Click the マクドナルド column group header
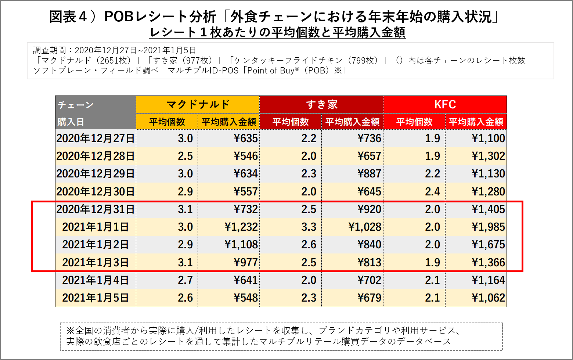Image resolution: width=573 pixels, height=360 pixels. click(x=198, y=105)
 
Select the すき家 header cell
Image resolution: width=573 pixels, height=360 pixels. click(x=321, y=105)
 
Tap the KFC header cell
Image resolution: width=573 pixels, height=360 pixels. click(x=445, y=105)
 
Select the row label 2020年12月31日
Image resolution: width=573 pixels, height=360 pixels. click(x=95, y=209)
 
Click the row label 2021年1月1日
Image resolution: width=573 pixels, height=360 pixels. click(x=95, y=227)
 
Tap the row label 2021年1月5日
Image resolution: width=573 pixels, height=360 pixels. click(x=95, y=298)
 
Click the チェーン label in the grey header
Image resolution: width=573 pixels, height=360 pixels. click(x=76, y=105)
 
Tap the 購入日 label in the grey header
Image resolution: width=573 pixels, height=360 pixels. click(x=71, y=122)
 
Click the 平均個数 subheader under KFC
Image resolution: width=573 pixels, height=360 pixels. click(x=414, y=122)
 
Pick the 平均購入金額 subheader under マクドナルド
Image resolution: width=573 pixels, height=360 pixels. click(x=229, y=122)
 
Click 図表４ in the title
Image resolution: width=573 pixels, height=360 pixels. click(x=68, y=17)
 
